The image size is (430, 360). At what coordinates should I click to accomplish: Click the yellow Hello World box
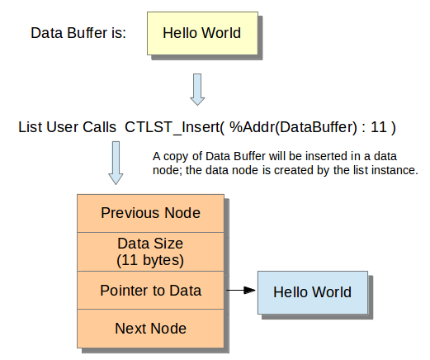click(x=202, y=33)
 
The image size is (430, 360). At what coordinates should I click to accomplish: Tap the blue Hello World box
click(x=313, y=292)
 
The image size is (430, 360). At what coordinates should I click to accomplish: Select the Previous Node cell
click(x=150, y=213)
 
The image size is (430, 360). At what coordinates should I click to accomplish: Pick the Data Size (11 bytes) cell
click(x=150, y=252)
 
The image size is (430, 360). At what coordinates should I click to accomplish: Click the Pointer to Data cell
click(x=150, y=291)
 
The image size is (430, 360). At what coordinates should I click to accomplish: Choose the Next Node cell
click(x=150, y=329)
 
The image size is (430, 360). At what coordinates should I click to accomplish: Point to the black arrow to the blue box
click(x=241, y=290)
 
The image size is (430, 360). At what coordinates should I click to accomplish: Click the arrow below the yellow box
click(x=197, y=89)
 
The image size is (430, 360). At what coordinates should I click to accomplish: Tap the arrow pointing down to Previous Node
click(x=116, y=163)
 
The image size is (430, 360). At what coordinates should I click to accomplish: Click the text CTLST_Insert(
click(x=175, y=127)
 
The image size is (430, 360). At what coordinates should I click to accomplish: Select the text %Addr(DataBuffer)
click(x=293, y=127)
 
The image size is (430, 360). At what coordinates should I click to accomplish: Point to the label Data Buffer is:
click(x=78, y=33)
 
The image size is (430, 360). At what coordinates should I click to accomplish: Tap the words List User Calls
click(x=67, y=127)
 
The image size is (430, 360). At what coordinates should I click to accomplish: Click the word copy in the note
click(x=176, y=157)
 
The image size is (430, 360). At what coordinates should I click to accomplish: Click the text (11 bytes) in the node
click(x=150, y=260)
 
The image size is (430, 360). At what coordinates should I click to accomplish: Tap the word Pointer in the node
click(x=125, y=291)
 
